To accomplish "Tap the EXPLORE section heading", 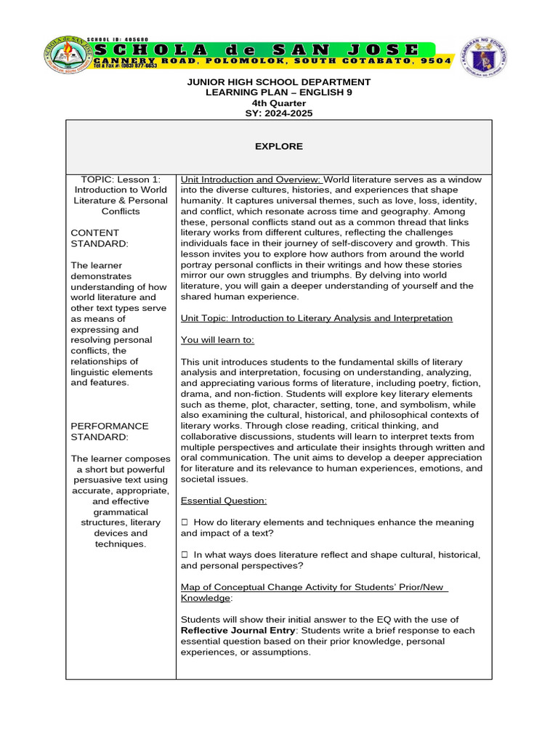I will coord(278,146).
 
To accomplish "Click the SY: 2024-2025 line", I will coord(278,113).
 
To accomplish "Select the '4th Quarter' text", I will coord(278,103).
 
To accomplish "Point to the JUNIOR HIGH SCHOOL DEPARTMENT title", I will coord(278,82).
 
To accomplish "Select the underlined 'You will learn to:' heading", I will coord(217,340).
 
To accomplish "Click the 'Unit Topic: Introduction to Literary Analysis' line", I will coord(316,318).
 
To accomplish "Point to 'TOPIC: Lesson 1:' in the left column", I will coord(121,179).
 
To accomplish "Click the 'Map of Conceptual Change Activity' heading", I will coord(314,586).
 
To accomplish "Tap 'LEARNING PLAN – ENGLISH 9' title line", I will coord(278,92).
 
